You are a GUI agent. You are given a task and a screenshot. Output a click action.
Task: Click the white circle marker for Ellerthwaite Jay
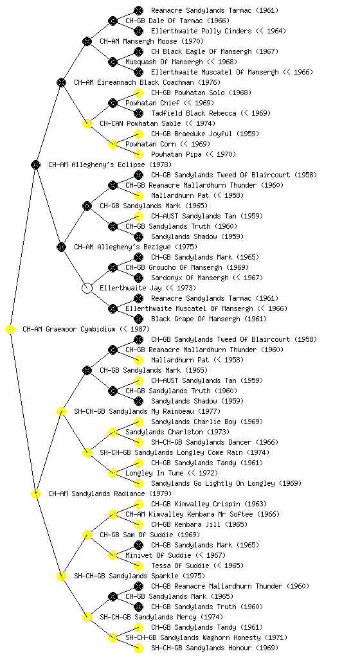[x=87, y=288]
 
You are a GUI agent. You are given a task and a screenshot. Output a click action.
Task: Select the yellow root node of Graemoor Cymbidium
[x=10, y=329]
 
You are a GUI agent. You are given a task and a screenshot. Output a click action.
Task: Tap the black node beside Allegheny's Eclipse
[x=35, y=164]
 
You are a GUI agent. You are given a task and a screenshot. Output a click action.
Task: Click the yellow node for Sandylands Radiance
[x=35, y=493]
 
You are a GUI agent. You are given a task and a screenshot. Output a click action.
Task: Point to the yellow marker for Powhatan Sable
[x=87, y=123]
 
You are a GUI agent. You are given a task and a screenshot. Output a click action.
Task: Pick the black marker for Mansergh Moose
[x=87, y=41]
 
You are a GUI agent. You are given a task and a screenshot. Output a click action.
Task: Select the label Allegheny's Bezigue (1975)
[x=136, y=247]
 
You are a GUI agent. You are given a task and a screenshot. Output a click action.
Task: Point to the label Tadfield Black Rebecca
[x=194, y=113]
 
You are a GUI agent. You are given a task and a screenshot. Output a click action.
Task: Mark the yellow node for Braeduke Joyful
[x=138, y=134]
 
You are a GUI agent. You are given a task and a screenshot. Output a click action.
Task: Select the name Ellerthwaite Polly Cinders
[x=201, y=31]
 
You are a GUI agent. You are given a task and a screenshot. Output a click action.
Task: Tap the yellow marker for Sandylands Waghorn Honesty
[x=113, y=637]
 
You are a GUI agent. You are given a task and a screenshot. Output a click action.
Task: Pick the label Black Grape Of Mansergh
[x=195, y=319]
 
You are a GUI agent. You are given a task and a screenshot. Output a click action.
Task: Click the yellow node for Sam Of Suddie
[x=87, y=535]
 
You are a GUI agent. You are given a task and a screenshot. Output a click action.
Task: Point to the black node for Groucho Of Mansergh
[x=113, y=267]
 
